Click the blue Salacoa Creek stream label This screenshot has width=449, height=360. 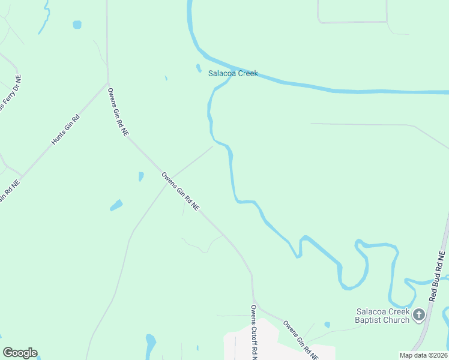pos(233,74)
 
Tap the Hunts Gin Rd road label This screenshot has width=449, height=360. pos(65,128)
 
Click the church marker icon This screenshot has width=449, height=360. pos(419,314)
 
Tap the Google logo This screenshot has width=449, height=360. pos(20,353)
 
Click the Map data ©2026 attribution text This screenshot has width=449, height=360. pos(423,355)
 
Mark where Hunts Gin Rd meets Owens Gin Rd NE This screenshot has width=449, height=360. pos(108,83)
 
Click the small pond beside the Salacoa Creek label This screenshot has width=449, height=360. pos(199,68)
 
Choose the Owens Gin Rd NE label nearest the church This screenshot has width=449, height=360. pos(300,339)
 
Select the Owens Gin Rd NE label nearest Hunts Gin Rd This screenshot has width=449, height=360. pos(118,112)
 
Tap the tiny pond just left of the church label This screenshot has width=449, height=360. pos(327,325)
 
